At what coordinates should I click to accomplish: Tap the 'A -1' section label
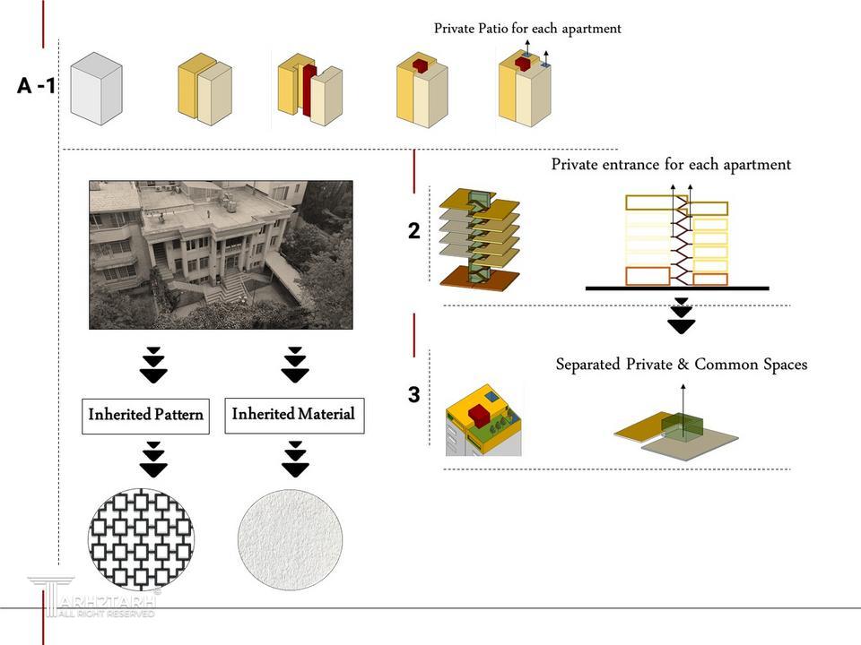(x=37, y=86)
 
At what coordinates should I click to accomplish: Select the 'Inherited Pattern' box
(x=145, y=416)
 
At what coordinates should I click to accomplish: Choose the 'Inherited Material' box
(x=293, y=415)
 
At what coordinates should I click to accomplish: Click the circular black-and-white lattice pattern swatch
(x=141, y=539)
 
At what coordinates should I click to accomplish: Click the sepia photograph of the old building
(x=221, y=254)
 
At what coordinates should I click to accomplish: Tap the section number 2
(x=413, y=231)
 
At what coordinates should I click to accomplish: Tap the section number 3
(x=413, y=395)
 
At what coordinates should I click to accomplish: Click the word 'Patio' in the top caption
(x=490, y=29)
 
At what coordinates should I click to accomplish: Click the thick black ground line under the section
(x=677, y=288)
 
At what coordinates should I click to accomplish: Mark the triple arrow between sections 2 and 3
(x=682, y=315)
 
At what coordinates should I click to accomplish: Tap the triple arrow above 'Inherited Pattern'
(x=154, y=365)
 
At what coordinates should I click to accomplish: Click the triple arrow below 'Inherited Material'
(x=295, y=459)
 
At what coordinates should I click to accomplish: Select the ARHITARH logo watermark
(x=94, y=598)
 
